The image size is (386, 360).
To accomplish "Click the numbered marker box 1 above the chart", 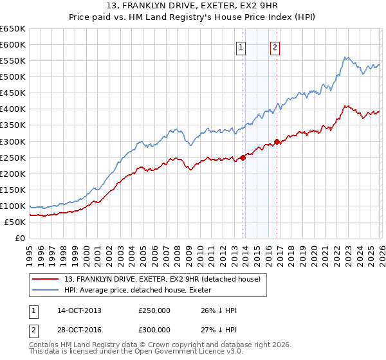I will pos(241,46).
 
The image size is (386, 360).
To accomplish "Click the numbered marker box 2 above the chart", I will pos(275,46).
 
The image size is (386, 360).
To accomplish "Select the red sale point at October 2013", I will pos(243,157).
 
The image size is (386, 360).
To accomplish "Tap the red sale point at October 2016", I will pos(277,141).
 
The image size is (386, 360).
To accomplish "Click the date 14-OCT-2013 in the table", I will pos(79,310).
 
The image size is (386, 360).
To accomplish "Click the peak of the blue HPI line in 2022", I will pos(345,57).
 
